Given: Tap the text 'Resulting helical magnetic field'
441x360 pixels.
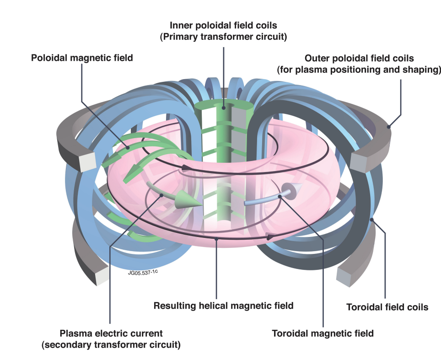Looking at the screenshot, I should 223,305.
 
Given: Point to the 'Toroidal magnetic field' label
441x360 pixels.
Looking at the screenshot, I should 323,333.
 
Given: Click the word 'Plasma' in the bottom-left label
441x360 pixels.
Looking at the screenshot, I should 74,333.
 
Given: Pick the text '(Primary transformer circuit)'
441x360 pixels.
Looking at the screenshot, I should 223,37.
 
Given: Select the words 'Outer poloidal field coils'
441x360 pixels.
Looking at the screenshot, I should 359,59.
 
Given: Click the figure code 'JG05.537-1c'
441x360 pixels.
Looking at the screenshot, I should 144,276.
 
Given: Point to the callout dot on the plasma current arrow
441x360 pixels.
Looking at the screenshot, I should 162,195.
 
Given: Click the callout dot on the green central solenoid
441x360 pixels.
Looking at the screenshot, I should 223,108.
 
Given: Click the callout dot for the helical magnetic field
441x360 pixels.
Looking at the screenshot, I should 216,238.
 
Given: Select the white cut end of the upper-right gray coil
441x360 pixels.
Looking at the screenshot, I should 358,161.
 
